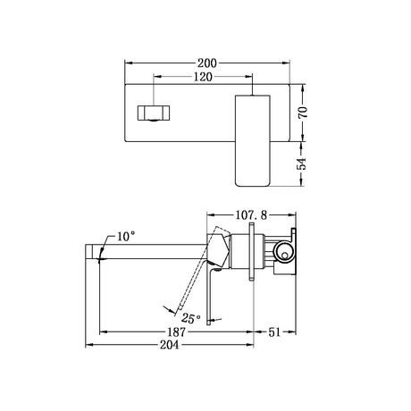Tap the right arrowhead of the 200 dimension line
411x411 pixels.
tap(290, 64)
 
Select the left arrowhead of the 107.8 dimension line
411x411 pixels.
tap(209, 214)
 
